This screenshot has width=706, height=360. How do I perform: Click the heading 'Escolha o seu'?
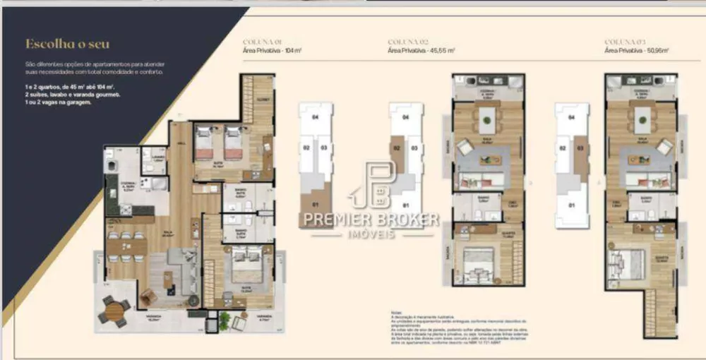(68, 44)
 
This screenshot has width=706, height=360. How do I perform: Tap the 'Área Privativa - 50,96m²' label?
(637, 51)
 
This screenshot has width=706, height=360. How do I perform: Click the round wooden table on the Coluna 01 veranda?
(114, 310)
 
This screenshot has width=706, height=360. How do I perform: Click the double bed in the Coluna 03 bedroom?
(630, 264)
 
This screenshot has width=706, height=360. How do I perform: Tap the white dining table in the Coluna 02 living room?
(487, 119)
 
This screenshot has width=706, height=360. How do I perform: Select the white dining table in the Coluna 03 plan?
(641, 119)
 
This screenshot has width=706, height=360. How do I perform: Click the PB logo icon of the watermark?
(379, 184)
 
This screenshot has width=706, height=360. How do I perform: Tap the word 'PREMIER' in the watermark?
(336, 220)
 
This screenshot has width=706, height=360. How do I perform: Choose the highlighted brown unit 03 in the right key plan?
(581, 159)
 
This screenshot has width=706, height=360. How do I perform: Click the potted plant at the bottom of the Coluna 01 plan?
(224, 322)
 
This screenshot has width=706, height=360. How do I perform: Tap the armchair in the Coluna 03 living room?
(664, 147)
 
